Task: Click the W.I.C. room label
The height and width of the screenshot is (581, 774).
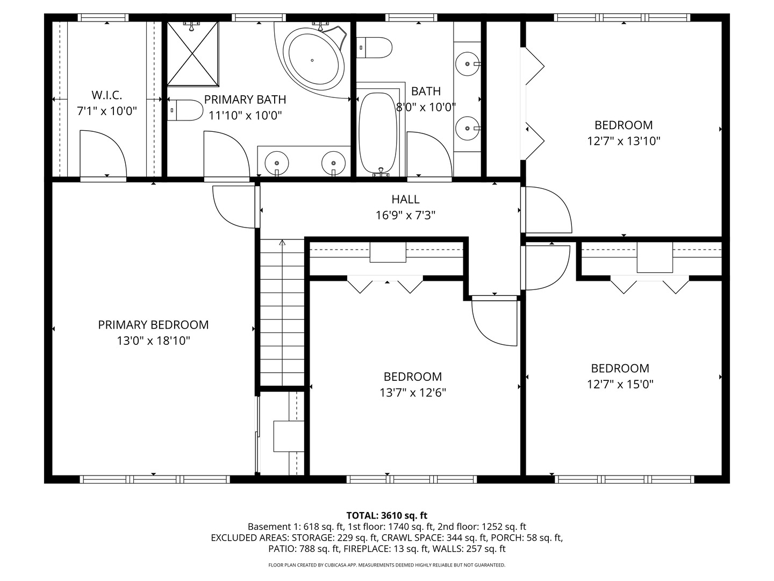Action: [106, 95]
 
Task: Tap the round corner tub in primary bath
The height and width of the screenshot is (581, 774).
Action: [315, 57]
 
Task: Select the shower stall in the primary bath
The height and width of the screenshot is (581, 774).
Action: [193, 53]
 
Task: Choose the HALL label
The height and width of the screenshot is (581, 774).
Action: [405, 200]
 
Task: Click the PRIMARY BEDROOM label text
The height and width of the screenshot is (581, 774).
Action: [153, 325]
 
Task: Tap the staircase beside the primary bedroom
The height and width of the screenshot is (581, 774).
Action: [282, 312]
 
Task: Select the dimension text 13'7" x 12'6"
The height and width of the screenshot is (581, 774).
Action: [413, 393]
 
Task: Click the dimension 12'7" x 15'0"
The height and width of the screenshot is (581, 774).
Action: [620, 385]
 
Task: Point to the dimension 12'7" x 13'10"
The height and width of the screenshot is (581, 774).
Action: [623, 141]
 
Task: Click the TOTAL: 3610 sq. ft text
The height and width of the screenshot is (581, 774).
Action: [386, 515]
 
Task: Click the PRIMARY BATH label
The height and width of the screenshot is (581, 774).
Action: [245, 100]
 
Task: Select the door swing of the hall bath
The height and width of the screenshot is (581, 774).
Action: [428, 154]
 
